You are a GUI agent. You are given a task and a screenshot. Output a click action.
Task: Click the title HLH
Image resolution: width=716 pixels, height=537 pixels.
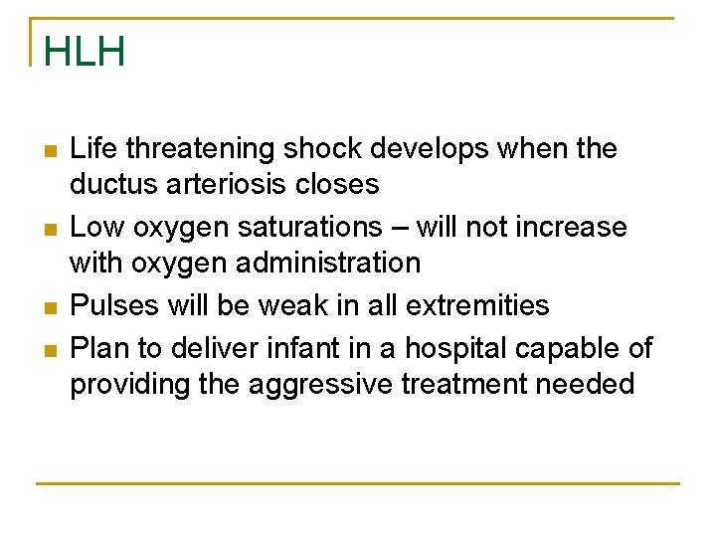pos(85,52)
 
